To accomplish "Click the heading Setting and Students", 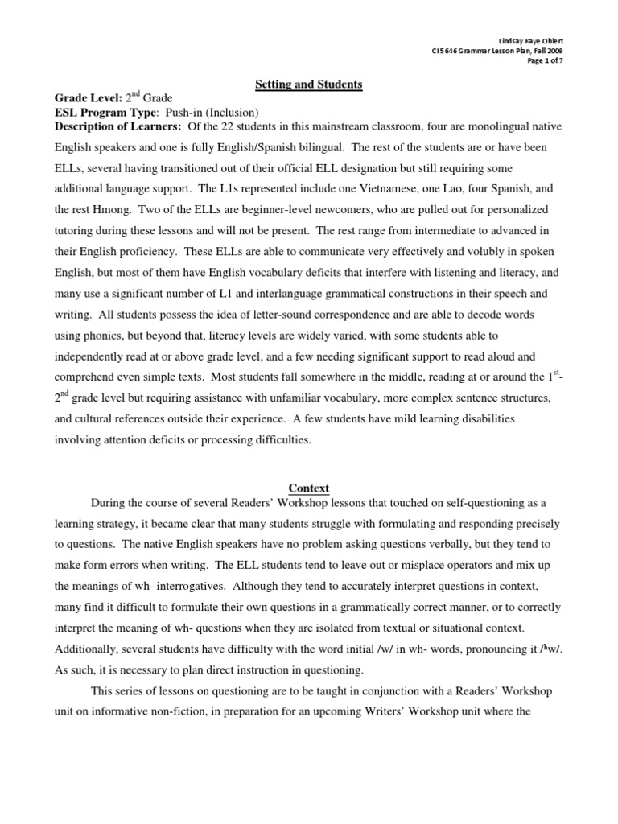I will click(298, 84).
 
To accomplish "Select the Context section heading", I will click(309, 488).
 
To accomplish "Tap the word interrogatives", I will click(204, 587).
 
